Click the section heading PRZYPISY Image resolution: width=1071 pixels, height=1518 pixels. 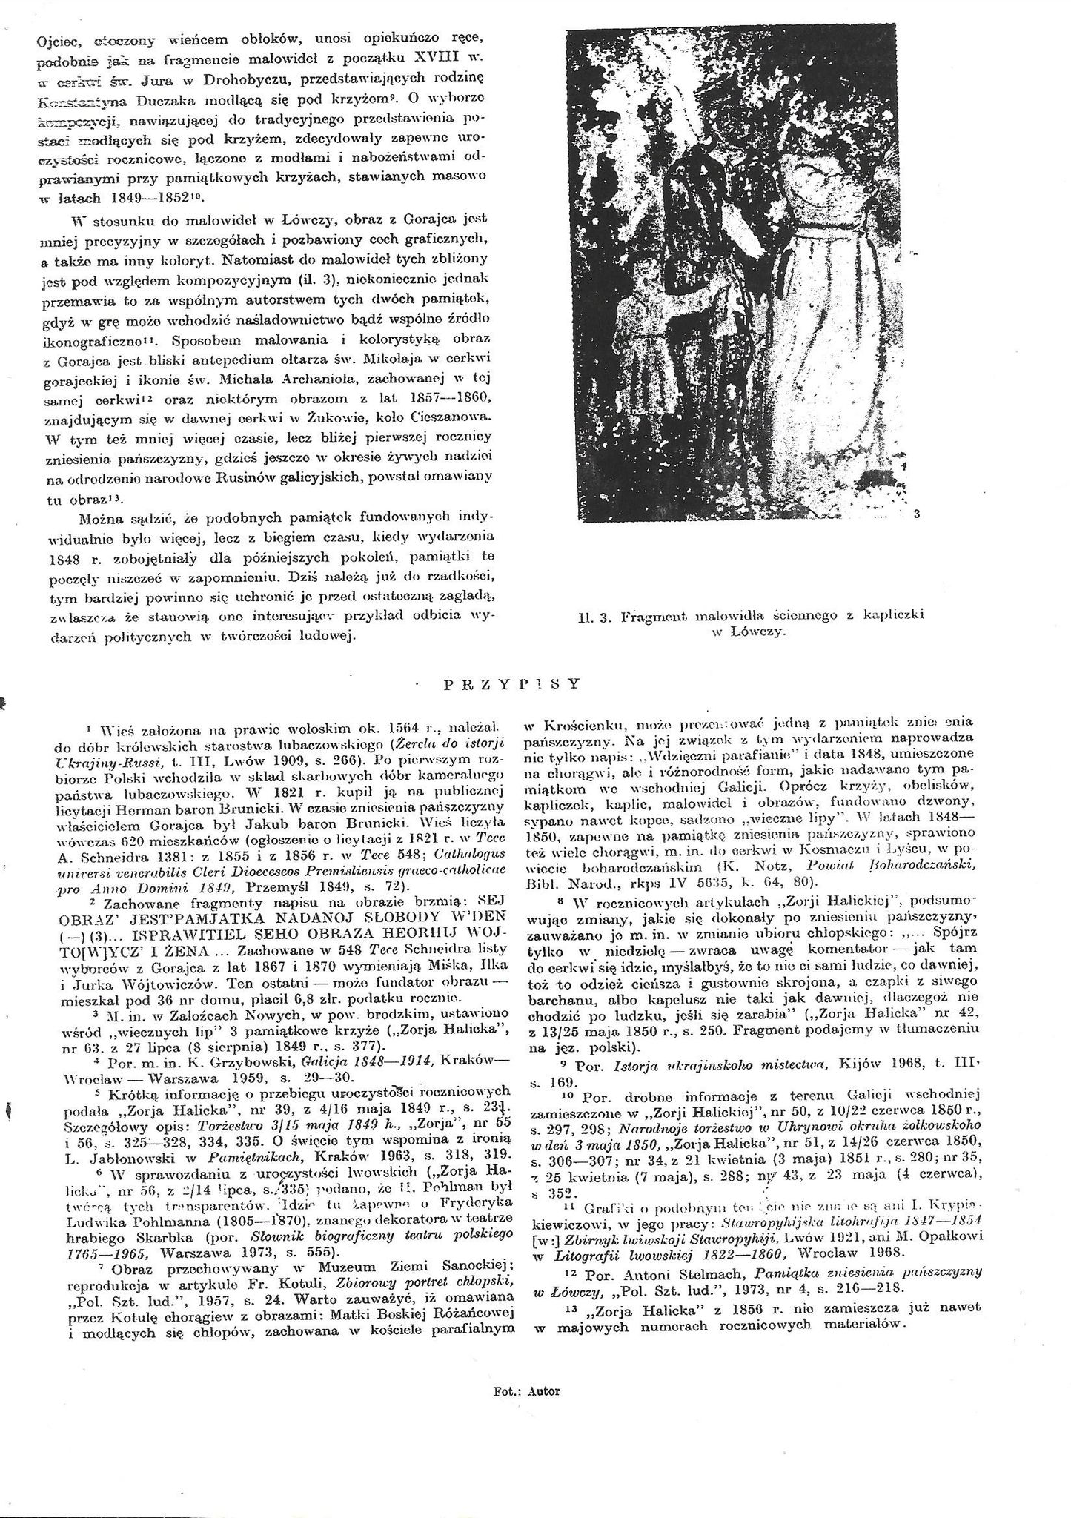(511, 684)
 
